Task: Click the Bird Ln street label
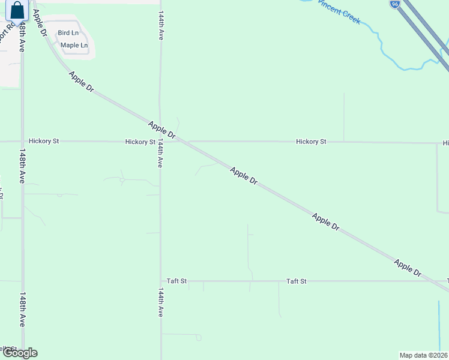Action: coord(68,33)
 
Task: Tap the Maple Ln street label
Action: coord(74,45)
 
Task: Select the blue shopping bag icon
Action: coord(17,10)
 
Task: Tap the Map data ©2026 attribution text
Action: coord(423,355)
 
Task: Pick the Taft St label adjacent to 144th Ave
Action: coord(177,281)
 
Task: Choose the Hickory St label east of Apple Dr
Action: coord(311,142)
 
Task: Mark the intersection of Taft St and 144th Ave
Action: coord(160,281)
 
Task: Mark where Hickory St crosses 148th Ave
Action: coord(23,142)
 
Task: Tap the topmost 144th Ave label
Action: coord(161,25)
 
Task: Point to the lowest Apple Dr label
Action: coord(408,268)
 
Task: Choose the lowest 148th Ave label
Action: coord(22,310)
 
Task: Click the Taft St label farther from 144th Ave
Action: coord(297,281)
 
